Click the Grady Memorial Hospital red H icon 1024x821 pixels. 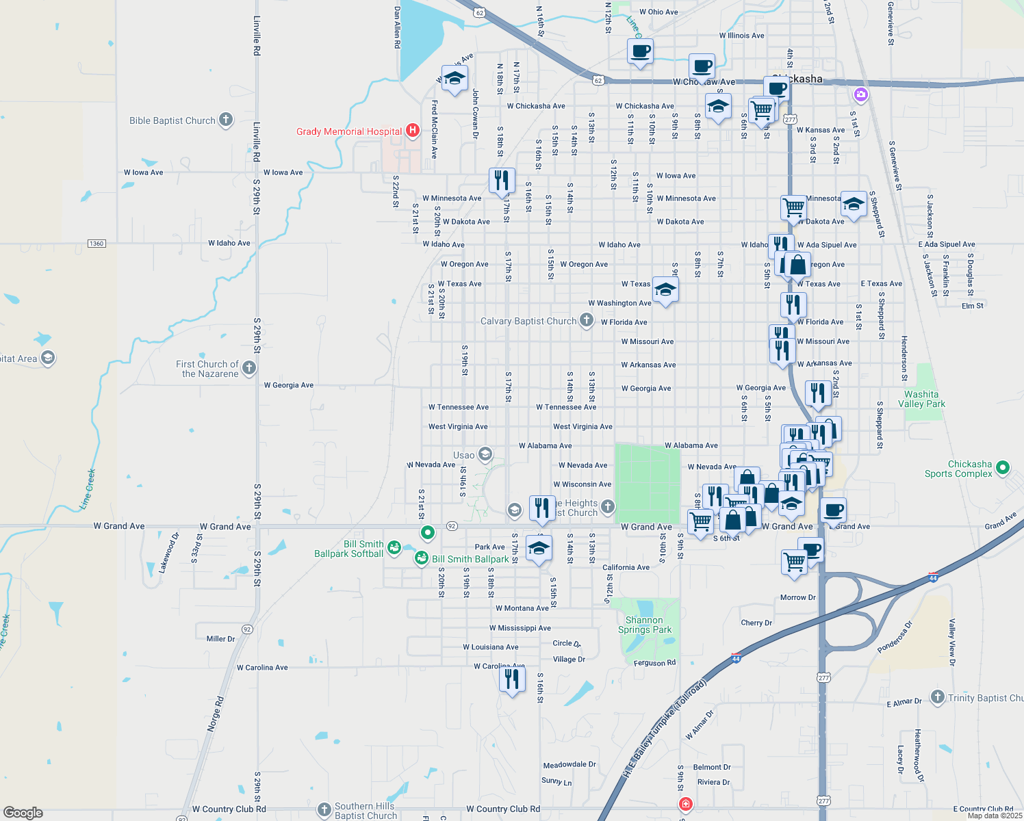412,130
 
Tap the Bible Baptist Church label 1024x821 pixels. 172,120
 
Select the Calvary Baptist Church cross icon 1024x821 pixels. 586,320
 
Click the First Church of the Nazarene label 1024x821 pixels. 207,369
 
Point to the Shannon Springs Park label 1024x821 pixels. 645,625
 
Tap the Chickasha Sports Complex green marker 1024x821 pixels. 1003,468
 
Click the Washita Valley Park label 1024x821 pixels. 921,399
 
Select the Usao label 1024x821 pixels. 463,455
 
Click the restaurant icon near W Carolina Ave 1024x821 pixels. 512,679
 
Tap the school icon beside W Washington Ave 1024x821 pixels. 665,290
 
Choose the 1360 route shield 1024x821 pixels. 97,244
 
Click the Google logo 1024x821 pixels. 23,812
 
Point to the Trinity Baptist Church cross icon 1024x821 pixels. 937,697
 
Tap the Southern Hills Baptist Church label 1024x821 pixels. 366,811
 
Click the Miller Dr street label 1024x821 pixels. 220,639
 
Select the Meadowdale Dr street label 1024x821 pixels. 569,765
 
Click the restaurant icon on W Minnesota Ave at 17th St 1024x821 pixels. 502,181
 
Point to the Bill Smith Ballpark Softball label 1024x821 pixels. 349,549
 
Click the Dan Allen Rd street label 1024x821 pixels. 397,27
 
